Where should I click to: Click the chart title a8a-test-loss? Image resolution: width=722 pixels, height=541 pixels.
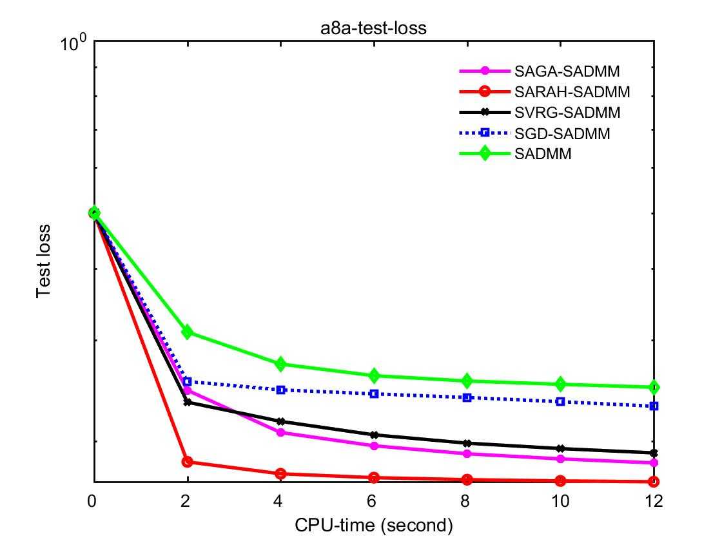tap(374, 29)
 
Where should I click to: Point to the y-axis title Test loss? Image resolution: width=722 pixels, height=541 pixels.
tap(43, 261)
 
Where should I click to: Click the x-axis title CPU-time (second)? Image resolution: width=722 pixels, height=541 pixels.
tap(374, 525)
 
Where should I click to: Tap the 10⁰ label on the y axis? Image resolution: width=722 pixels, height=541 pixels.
tap(74, 44)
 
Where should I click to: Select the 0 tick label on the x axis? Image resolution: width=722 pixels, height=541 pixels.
tap(94, 500)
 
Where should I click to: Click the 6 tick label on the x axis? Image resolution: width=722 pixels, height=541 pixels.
tap(375, 500)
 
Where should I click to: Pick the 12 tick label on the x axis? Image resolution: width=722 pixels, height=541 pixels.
tap(654, 500)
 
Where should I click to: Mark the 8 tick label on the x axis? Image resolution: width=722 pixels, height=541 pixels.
tap(467, 500)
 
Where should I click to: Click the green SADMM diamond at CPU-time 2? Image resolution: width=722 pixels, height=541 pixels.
tap(188, 332)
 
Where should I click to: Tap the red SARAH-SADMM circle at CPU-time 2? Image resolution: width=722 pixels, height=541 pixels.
tap(188, 462)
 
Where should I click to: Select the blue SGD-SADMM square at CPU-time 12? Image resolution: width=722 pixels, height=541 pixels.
tap(654, 406)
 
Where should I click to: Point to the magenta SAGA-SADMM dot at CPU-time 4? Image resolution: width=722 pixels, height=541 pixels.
tap(281, 432)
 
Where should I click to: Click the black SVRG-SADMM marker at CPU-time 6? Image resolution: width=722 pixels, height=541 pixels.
tap(375, 435)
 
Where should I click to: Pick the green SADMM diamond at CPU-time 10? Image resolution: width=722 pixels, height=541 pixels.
tap(561, 384)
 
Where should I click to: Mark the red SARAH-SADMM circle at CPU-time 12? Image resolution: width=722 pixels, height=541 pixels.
tap(654, 481)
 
